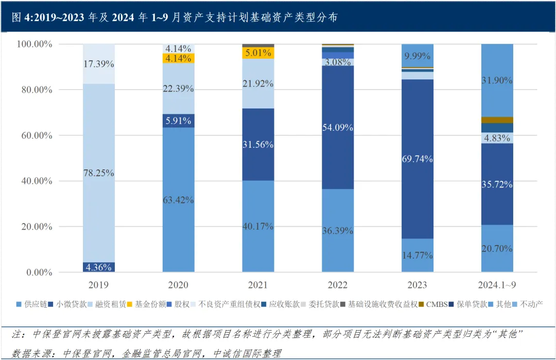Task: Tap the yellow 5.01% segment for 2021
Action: [258, 53]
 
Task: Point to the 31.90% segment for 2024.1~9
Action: [497, 80]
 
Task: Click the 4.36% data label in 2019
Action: [98, 267]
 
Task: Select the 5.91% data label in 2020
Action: [178, 121]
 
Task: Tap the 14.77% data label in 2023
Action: [418, 255]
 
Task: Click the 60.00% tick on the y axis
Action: [36, 135]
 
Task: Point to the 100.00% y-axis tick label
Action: [34, 44]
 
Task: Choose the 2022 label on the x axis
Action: [338, 285]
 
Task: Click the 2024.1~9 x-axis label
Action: [497, 285]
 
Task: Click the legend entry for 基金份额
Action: [147, 304]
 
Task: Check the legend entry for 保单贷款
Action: [471, 304]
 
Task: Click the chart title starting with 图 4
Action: [175, 17]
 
